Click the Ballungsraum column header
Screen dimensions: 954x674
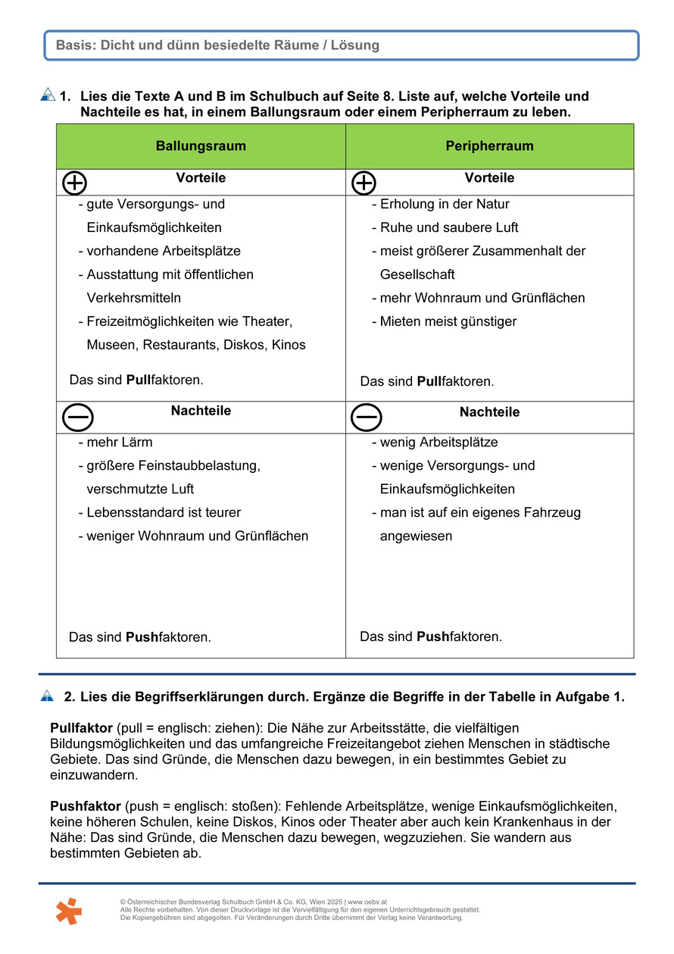201,146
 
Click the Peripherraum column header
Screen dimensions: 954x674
489,146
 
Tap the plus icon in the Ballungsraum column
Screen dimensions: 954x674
74,183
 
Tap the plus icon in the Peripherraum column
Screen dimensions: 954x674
364,183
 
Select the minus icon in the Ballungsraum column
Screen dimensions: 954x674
77,417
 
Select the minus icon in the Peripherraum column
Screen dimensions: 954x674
367,417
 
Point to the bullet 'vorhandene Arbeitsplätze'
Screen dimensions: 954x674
163,251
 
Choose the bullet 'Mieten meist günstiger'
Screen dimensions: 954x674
448,321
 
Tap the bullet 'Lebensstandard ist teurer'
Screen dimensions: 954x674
163,513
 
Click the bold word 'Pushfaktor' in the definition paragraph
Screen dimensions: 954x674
86,806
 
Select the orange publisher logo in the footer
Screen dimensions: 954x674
68,910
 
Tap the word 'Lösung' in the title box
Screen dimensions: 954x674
354,45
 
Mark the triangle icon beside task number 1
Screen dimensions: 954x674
48,95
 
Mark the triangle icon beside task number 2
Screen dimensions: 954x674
48,696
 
